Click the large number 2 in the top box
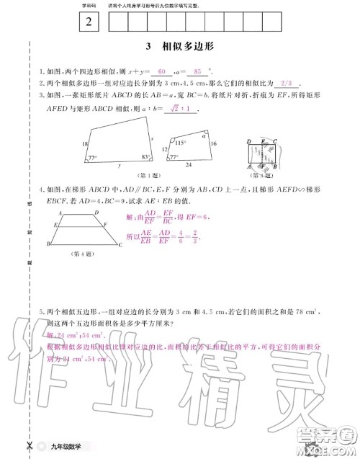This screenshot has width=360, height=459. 89,22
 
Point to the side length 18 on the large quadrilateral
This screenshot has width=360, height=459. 86,145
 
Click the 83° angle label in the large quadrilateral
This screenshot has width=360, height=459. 145,157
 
